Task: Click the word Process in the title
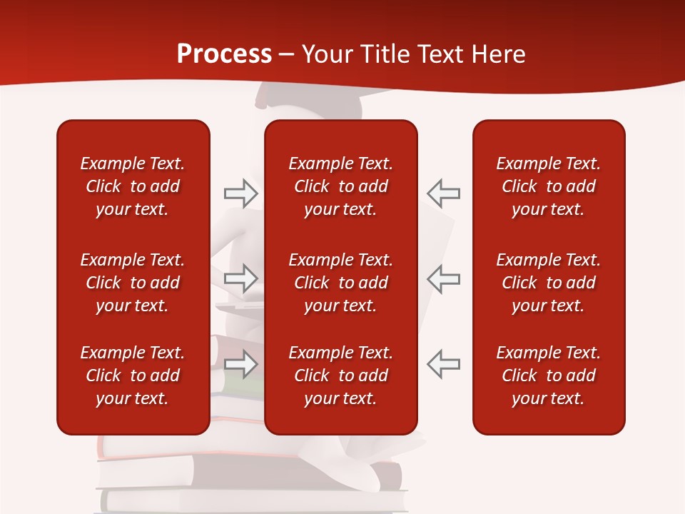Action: coord(224,54)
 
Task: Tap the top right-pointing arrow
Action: coord(240,193)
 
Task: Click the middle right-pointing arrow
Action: coord(240,278)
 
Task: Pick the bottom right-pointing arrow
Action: coord(240,364)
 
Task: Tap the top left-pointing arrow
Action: coord(444,193)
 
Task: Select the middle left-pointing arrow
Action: coord(444,278)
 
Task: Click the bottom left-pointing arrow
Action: coord(444,364)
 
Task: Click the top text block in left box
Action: coord(133,186)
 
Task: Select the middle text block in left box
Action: coord(133,283)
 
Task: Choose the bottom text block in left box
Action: coord(133,376)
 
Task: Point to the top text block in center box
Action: coord(340,186)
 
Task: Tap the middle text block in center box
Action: coord(340,283)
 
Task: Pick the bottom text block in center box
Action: coord(340,376)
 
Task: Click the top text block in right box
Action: coord(548,186)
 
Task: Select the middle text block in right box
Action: coord(548,283)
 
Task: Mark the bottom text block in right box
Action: coord(548,376)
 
